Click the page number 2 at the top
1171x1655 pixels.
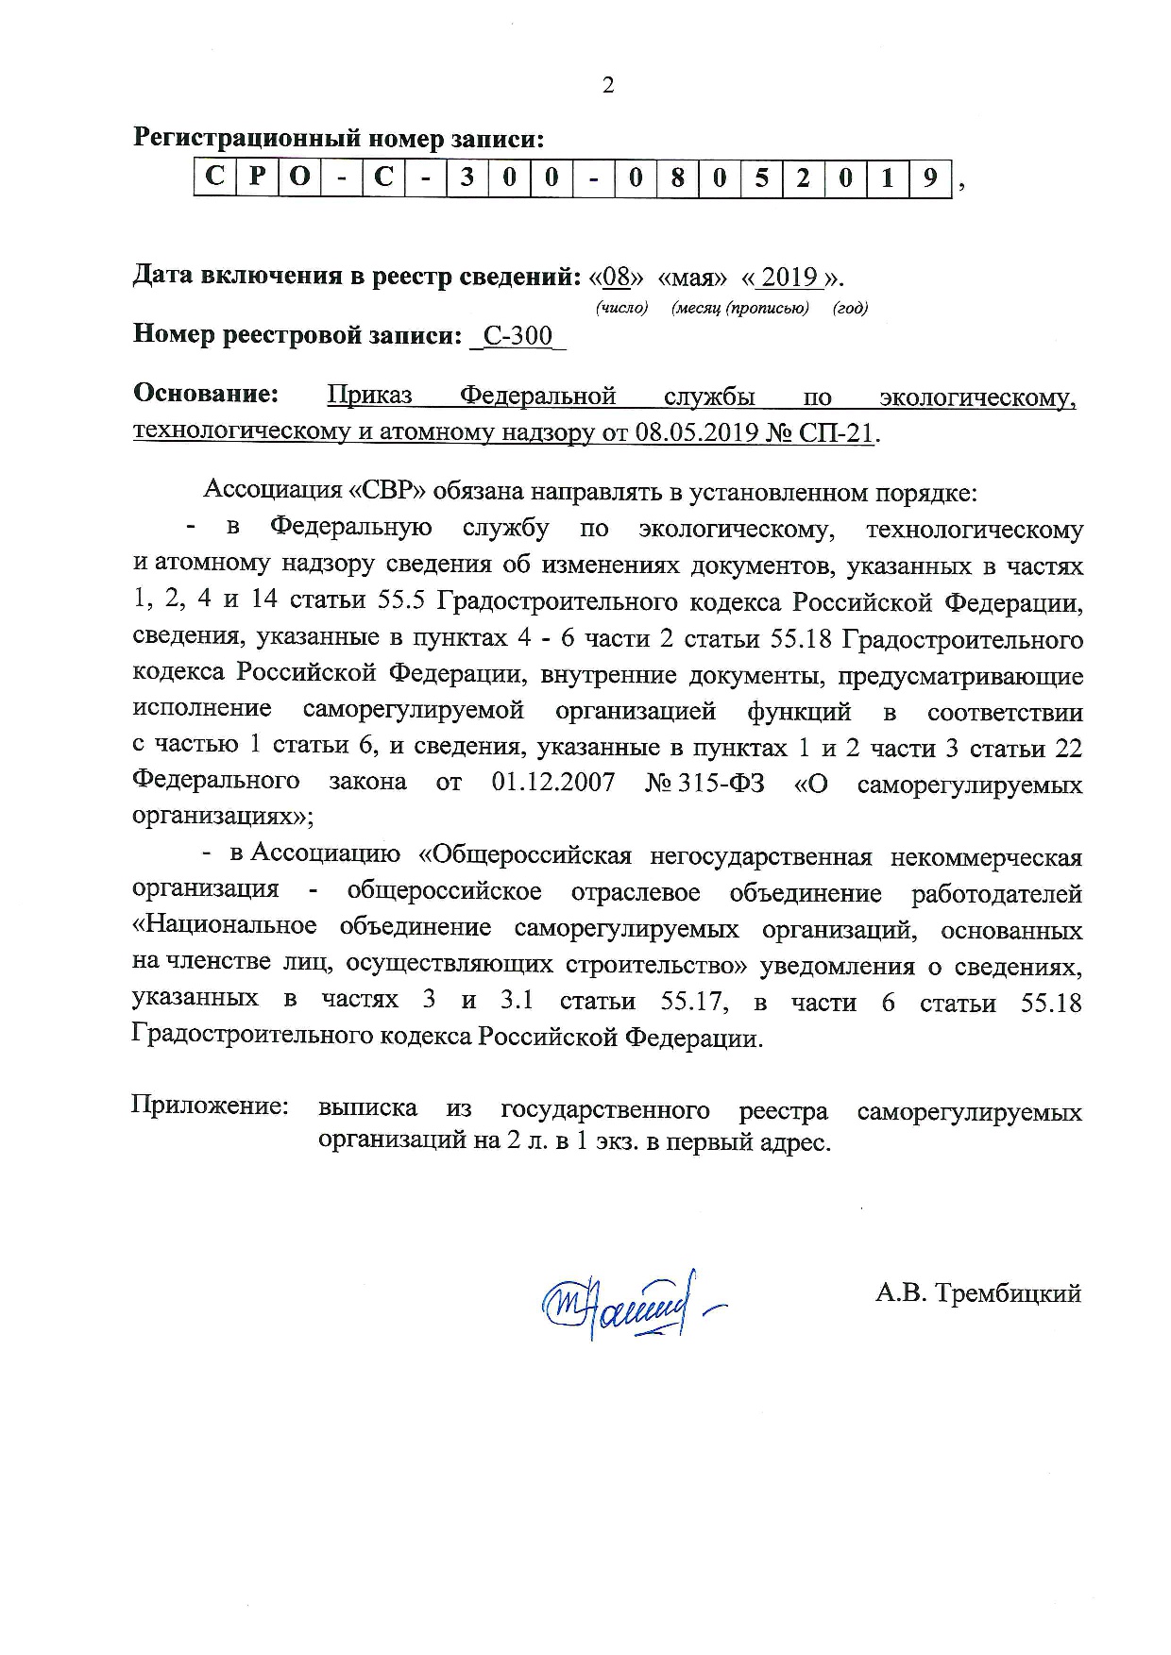click(x=607, y=86)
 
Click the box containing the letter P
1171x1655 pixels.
click(x=258, y=177)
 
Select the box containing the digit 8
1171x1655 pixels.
click(x=677, y=177)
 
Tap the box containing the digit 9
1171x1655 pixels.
click(x=930, y=177)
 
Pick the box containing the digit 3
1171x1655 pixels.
click(x=467, y=177)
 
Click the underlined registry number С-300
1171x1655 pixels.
click(x=518, y=336)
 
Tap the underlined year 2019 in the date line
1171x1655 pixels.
click(x=789, y=278)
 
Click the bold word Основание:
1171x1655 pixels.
click(x=207, y=393)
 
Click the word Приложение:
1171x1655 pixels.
click(x=210, y=1106)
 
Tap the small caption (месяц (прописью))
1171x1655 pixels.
click(x=740, y=309)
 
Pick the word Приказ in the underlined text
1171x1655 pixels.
click(x=369, y=396)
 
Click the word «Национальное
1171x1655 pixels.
click(x=225, y=928)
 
